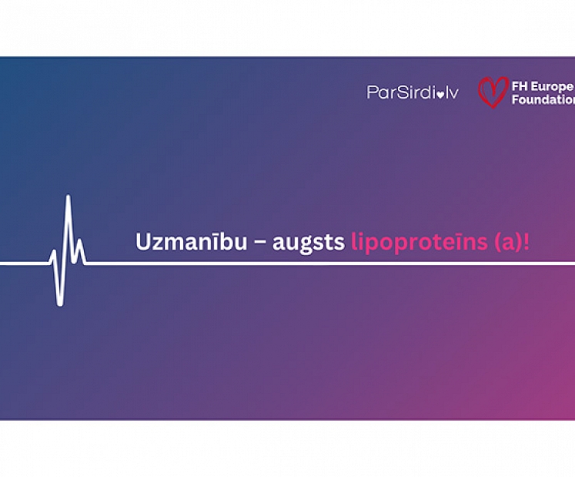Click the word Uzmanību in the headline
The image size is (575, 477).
(x=191, y=242)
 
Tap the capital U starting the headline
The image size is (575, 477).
(x=142, y=242)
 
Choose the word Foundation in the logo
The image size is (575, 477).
(x=543, y=99)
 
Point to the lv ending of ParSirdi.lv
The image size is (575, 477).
(x=451, y=93)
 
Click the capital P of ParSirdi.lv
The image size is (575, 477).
(x=372, y=93)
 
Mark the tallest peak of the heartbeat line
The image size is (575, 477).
(x=69, y=198)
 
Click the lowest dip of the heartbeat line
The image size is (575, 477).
(x=60, y=304)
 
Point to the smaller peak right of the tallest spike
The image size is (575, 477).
(x=79, y=241)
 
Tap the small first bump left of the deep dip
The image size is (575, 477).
(x=53, y=252)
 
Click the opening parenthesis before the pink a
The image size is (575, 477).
(x=497, y=243)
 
